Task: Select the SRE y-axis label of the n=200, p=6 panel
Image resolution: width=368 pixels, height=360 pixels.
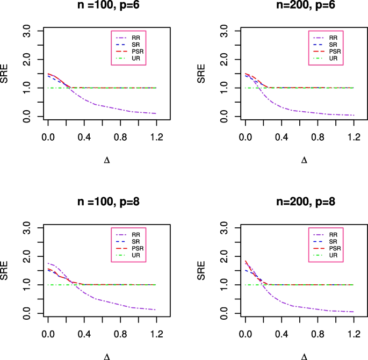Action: pos(202,74)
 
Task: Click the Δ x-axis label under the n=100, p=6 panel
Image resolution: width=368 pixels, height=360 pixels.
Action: pos(107,160)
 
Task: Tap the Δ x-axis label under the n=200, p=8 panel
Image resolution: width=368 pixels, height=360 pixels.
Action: pos(304,356)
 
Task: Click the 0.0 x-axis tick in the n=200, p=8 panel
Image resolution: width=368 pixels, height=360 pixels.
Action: pos(245,335)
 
